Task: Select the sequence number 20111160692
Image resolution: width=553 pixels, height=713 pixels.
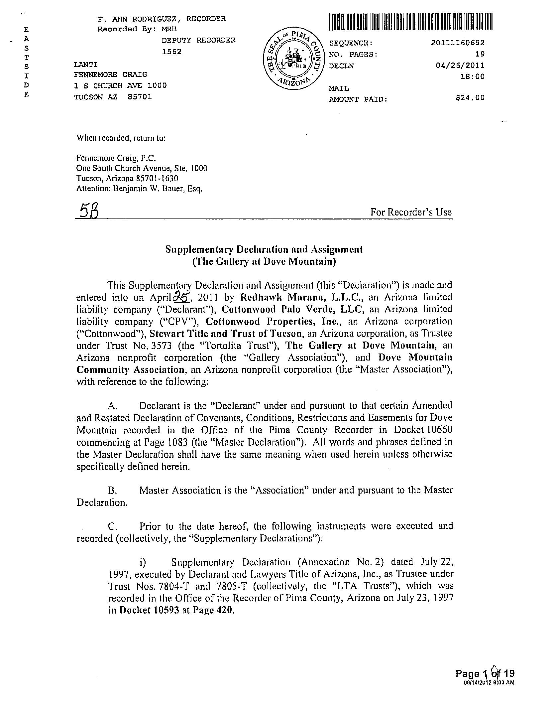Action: [458, 43]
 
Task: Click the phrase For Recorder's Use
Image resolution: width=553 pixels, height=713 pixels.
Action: [411, 212]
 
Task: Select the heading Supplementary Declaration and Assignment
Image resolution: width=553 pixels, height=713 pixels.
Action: [264, 249]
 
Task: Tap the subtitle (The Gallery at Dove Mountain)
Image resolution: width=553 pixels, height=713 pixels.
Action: [264, 262]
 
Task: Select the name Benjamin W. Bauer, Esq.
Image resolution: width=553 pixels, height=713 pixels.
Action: [158, 189]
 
